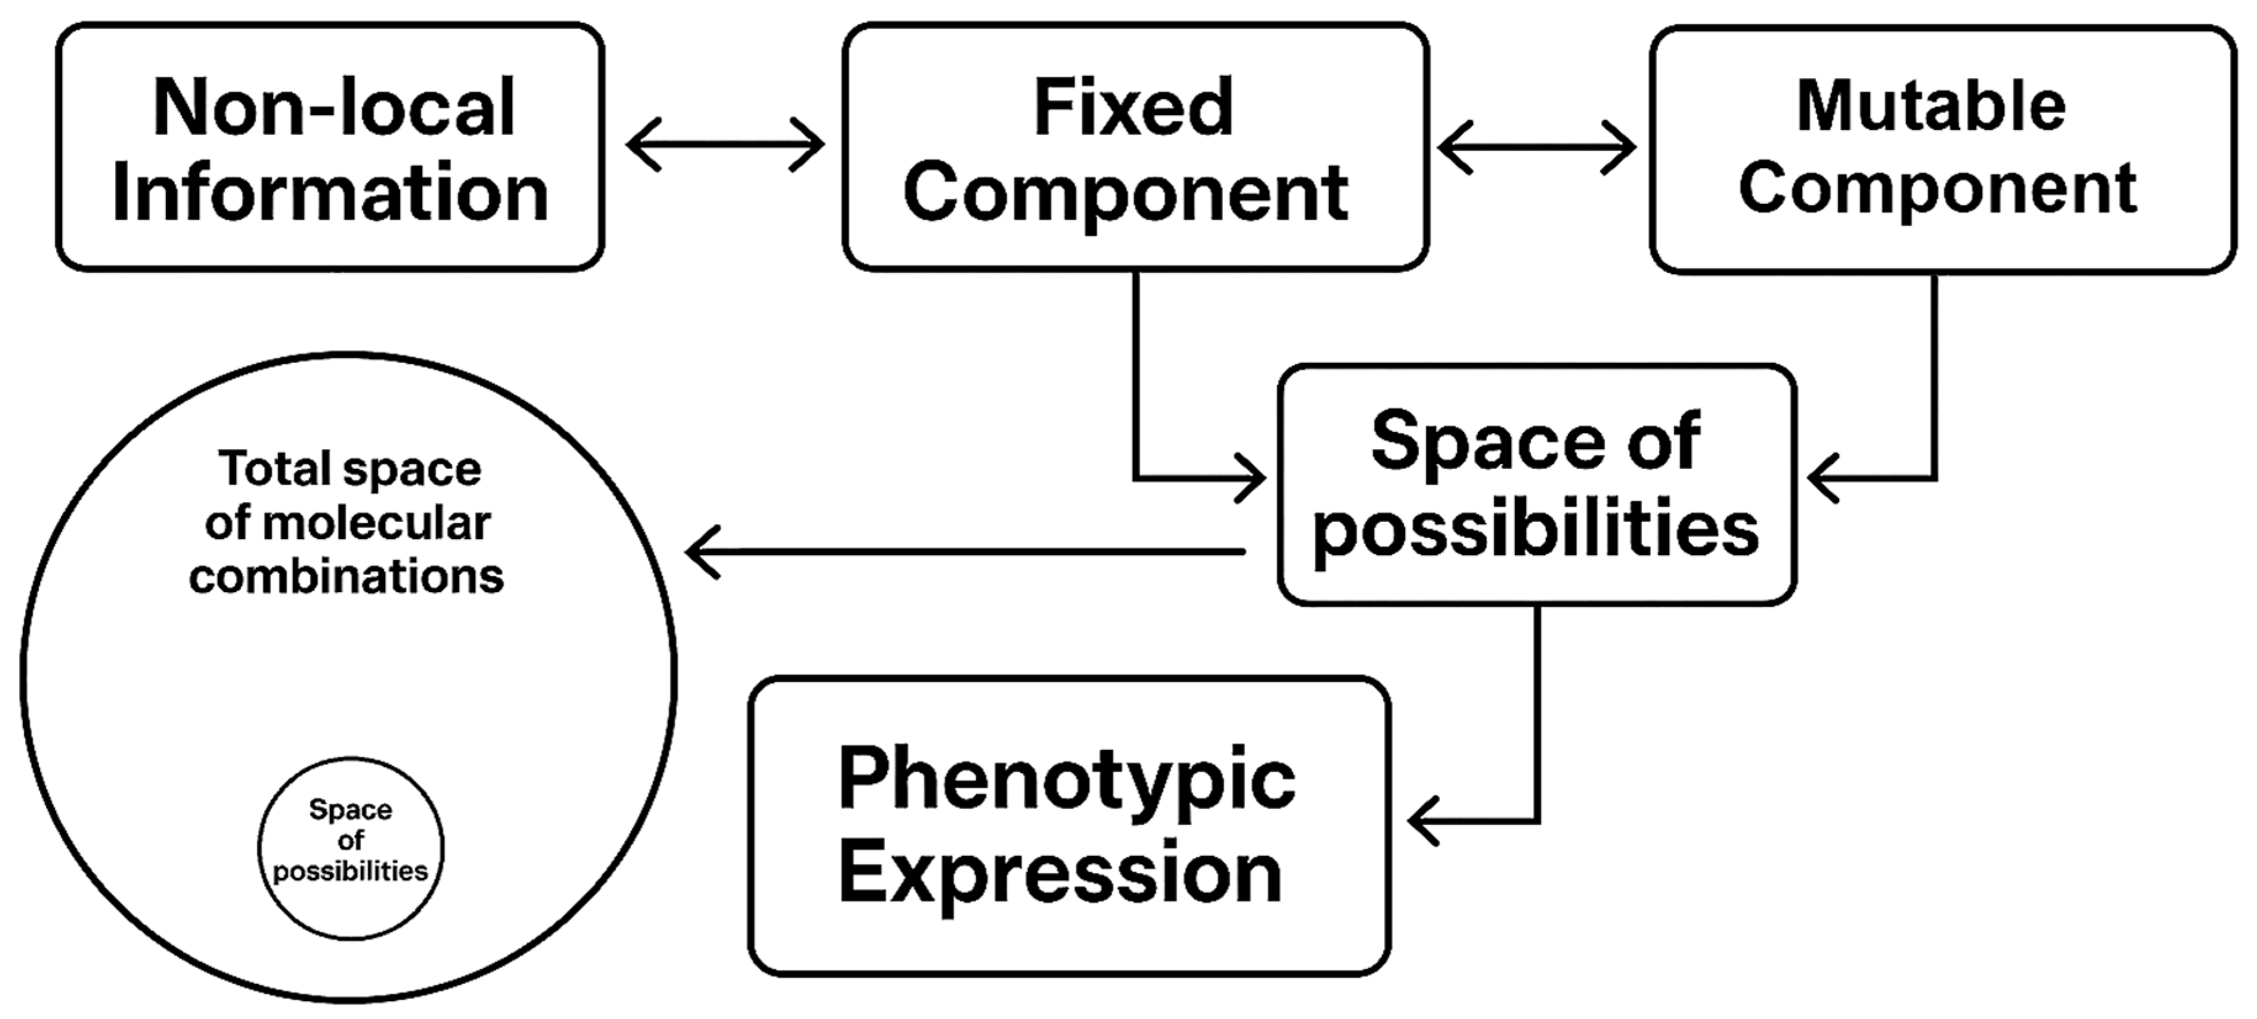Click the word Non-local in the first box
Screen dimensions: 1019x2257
(x=333, y=107)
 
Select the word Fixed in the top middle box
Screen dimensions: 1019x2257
(x=1134, y=107)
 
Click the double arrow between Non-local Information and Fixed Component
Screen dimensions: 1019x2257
(x=725, y=145)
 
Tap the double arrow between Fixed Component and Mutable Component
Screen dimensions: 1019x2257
(x=1536, y=147)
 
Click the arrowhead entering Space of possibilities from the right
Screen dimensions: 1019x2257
(x=1822, y=479)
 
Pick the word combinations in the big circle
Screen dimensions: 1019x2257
(x=346, y=577)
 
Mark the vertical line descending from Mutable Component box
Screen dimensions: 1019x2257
(x=1933, y=377)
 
